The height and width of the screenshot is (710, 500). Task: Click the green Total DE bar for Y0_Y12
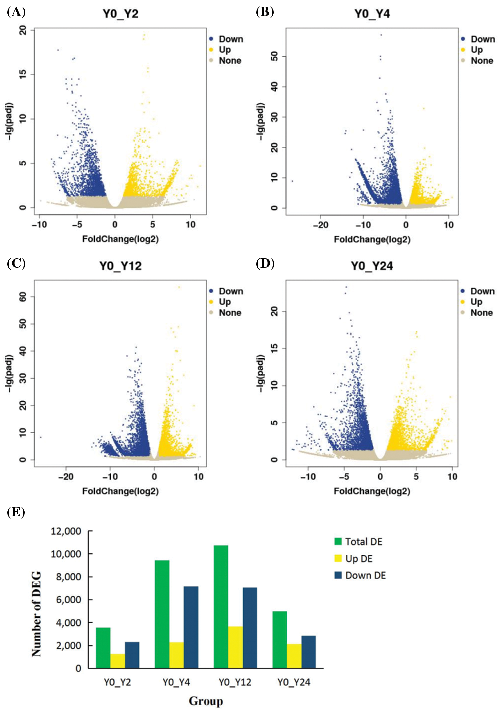[221, 606]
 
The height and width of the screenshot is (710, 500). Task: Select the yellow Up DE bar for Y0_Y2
[118, 661]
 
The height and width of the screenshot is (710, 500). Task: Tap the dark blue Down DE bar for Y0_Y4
[191, 627]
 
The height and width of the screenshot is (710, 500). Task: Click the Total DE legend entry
[359, 542]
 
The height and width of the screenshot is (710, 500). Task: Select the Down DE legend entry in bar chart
[360, 576]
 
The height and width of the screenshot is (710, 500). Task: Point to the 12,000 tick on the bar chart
[66, 531]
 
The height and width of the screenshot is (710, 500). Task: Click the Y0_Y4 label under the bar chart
[176, 682]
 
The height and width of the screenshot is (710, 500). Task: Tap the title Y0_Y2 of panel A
[120, 14]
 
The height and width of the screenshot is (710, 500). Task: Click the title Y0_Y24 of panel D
[372, 266]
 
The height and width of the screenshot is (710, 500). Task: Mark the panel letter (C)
[16, 263]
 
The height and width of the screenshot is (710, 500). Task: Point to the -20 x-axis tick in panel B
[320, 225]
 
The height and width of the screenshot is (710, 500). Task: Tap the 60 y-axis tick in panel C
[23, 296]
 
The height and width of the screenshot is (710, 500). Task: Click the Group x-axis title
[206, 701]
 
